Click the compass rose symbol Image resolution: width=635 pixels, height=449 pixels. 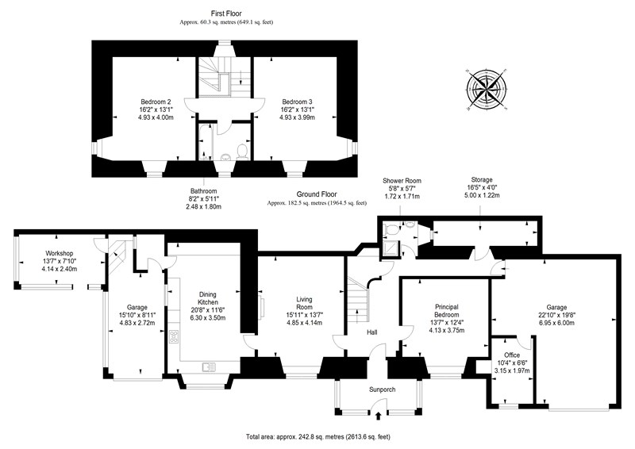tap(487, 89)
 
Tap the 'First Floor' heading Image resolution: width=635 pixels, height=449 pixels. tap(226, 13)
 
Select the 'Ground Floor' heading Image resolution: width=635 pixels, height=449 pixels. tap(317, 194)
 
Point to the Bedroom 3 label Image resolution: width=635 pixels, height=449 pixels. tap(297, 102)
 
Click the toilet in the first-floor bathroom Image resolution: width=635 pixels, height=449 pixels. tap(242, 152)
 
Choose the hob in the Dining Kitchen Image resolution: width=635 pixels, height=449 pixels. tap(174, 336)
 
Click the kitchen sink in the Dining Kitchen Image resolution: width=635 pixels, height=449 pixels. tap(209, 366)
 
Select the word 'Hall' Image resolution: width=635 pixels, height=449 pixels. tap(371, 332)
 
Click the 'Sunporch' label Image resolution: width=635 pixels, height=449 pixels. tap(382, 390)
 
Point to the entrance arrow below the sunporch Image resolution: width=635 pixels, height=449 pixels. tap(379, 416)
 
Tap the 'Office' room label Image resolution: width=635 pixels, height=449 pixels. tap(511, 355)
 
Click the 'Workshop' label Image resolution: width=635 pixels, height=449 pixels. tap(59, 253)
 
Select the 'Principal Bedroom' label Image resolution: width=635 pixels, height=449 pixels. tap(447, 311)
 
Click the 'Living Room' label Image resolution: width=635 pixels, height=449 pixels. tap(304, 303)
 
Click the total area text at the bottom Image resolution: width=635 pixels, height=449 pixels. tap(318, 437)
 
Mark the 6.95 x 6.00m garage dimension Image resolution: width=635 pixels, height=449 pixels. tap(556, 323)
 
